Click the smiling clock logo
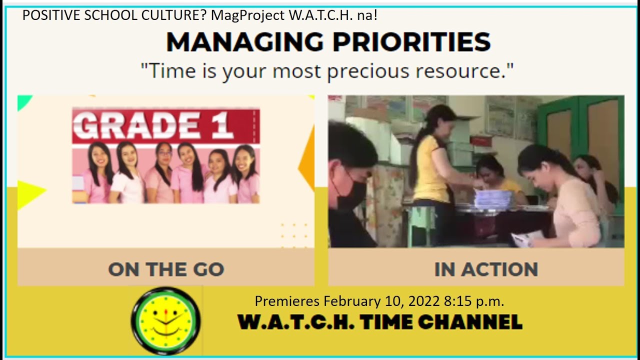point(165,320)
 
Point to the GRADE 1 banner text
point(155,125)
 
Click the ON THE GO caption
point(166,269)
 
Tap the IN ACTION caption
point(486,269)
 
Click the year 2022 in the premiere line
point(424,301)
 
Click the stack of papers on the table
point(492,199)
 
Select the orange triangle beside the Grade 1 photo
point(307,157)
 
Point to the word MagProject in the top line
point(247,15)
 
